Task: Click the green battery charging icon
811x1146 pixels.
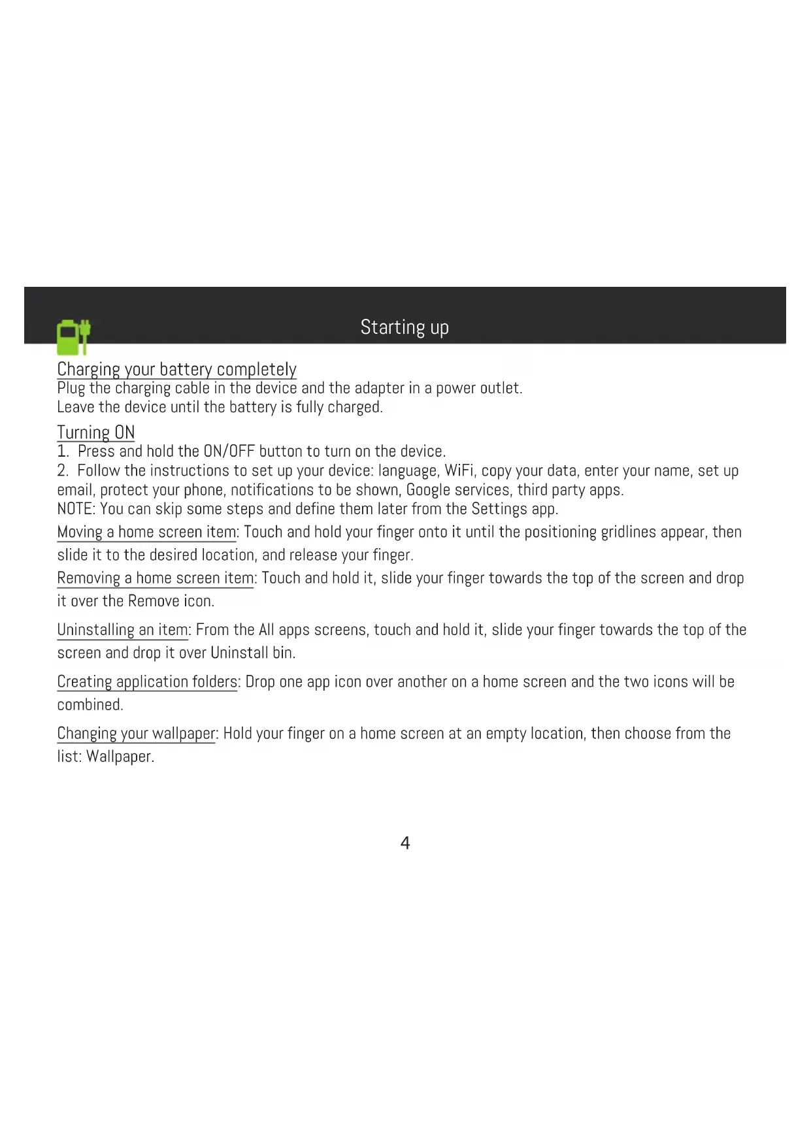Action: [73, 336]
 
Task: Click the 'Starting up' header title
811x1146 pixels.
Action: [405, 327]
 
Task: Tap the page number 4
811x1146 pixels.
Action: [405, 843]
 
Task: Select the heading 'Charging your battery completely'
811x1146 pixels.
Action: [176, 369]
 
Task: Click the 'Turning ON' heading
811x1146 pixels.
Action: [96, 433]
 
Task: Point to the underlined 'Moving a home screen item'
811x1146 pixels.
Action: [146, 532]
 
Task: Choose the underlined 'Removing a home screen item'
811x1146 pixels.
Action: [156, 578]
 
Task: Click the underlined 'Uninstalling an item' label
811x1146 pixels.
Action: [122, 630]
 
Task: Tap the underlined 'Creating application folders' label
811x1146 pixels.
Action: [147, 681]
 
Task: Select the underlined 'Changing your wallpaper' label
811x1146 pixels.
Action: [136, 733]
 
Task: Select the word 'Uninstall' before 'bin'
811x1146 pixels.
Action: [239, 653]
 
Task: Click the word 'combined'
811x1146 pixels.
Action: [90, 704]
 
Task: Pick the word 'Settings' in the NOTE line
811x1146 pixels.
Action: [499, 509]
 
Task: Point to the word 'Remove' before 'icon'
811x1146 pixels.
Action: [154, 601]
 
